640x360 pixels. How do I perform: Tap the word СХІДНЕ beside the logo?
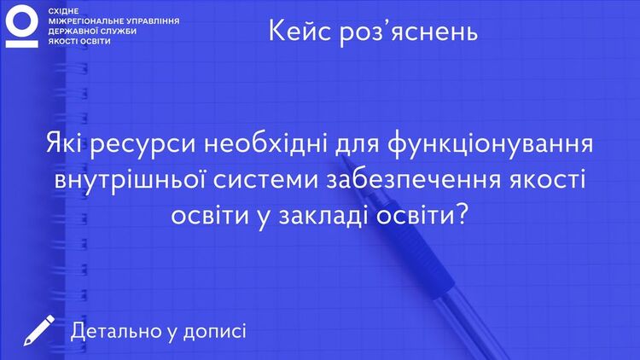(x=63, y=11)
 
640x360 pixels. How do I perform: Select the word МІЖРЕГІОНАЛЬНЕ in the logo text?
(x=86, y=20)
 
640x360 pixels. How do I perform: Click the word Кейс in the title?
(x=300, y=31)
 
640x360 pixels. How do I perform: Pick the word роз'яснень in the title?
(x=409, y=32)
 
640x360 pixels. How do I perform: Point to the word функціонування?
(x=490, y=145)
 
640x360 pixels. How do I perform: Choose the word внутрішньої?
(x=130, y=180)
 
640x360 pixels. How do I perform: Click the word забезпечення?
(x=413, y=179)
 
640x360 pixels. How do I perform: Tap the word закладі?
(x=323, y=214)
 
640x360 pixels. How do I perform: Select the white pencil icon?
(x=38, y=331)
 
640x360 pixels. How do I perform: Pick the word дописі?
(x=215, y=332)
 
